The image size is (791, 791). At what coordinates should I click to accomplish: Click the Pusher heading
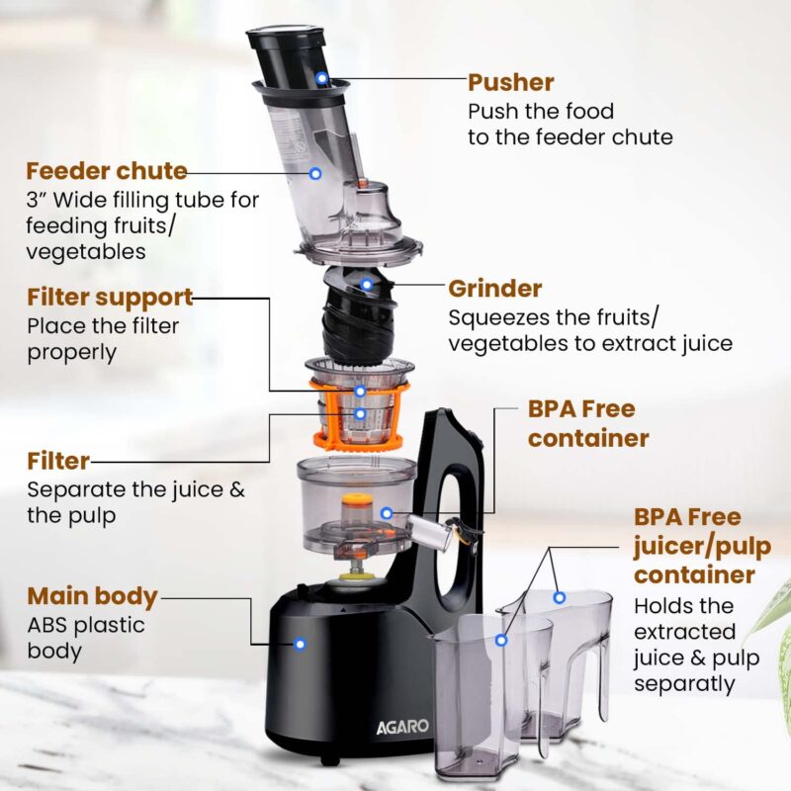pyautogui.click(x=510, y=82)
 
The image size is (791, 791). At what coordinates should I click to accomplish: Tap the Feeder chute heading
pyautogui.click(x=107, y=170)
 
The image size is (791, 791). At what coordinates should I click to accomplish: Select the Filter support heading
pyautogui.click(x=109, y=297)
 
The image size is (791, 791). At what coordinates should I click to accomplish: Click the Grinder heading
pyautogui.click(x=494, y=289)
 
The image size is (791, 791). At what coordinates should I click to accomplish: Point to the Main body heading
pyautogui.click(x=92, y=596)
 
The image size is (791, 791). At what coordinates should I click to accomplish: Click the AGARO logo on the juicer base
pyautogui.click(x=402, y=727)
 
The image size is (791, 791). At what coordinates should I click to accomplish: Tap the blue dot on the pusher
pyautogui.click(x=321, y=77)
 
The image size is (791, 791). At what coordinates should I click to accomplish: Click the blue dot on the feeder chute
pyautogui.click(x=315, y=173)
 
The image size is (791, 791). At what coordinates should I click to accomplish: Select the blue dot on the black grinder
pyautogui.click(x=366, y=285)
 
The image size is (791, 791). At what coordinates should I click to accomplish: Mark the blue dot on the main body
pyautogui.click(x=300, y=644)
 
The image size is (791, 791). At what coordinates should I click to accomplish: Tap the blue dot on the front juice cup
pyautogui.click(x=501, y=640)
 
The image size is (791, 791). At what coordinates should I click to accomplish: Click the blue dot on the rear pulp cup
pyautogui.click(x=560, y=597)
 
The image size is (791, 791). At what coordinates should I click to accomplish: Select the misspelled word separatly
pyautogui.click(x=684, y=683)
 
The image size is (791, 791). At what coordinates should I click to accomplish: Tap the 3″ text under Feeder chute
pyautogui.click(x=38, y=201)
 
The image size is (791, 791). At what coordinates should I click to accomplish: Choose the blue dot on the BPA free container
pyautogui.click(x=387, y=513)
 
